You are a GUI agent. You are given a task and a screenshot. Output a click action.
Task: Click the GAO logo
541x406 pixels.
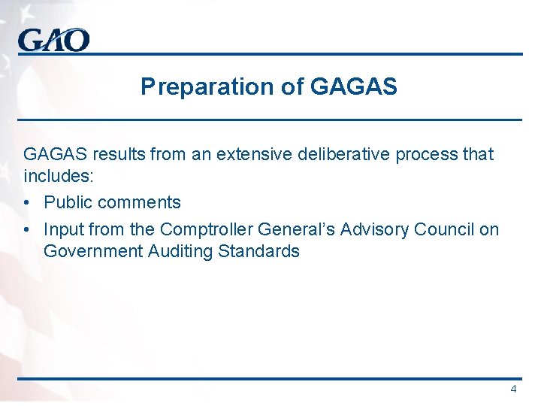(x=54, y=39)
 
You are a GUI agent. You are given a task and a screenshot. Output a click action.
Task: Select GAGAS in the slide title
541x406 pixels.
(x=353, y=87)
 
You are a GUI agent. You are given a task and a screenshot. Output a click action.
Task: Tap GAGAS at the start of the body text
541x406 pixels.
(x=56, y=155)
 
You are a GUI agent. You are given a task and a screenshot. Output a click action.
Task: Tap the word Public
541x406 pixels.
(x=68, y=203)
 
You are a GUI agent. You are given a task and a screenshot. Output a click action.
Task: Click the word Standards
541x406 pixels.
(x=259, y=252)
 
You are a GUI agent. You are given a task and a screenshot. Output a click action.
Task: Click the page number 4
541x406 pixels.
(x=513, y=389)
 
